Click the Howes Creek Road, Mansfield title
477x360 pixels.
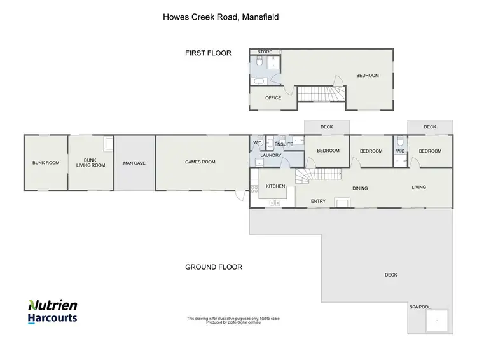click(x=221, y=17)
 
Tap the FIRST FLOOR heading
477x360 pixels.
click(x=207, y=53)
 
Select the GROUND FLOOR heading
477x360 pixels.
click(x=214, y=267)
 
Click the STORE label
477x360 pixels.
click(x=265, y=52)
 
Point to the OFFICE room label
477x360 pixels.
click(x=273, y=98)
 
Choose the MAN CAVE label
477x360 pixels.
click(x=134, y=163)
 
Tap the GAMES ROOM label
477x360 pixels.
click(x=200, y=162)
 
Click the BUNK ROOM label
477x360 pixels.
click(x=46, y=163)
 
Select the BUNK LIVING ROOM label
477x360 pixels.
click(x=90, y=163)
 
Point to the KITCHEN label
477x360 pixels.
click(x=275, y=186)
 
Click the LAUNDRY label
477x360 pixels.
click(x=271, y=155)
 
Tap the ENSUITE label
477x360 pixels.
click(x=284, y=144)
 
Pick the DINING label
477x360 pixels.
click(x=360, y=188)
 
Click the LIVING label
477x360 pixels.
click(x=418, y=187)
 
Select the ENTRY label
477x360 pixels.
click(x=318, y=202)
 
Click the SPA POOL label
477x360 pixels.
click(x=420, y=307)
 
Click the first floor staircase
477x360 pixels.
click(x=321, y=94)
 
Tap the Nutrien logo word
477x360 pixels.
click(x=53, y=305)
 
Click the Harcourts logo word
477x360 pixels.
click(x=52, y=318)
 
